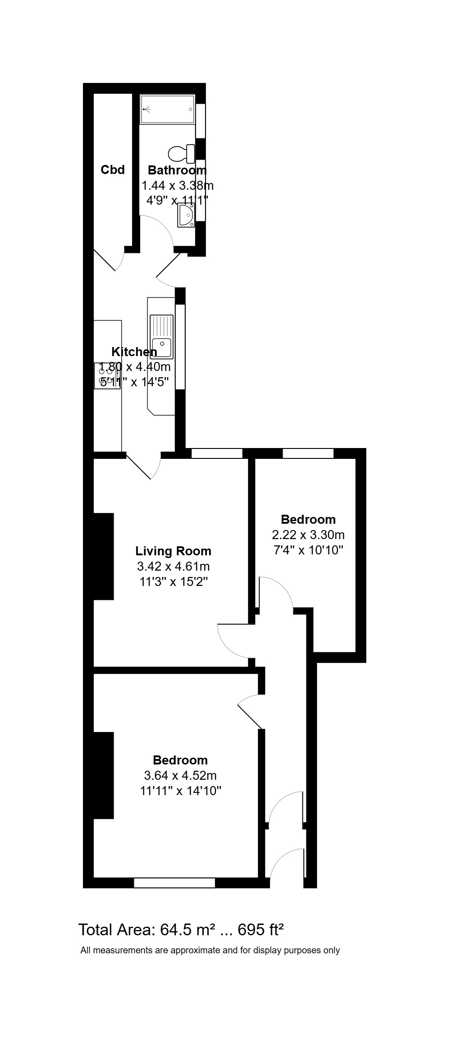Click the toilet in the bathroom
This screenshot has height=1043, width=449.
[181, 154]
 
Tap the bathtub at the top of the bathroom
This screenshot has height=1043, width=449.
[167, 109]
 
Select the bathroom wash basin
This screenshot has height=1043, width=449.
[186, 215]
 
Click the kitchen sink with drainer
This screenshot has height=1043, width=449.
[161, 336]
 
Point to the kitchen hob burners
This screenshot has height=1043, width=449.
[106, 376]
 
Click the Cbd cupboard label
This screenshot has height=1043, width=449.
[112, 170]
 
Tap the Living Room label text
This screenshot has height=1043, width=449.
[173, 551]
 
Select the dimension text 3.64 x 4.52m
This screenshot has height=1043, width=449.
[180, 775]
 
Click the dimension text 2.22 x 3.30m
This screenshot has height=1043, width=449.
[308, 535]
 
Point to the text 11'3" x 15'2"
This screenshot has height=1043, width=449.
[173, 581]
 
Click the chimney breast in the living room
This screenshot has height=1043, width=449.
[103, 556]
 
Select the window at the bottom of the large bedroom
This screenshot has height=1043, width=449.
[174, 883]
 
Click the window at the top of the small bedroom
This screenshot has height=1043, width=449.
[308, 453]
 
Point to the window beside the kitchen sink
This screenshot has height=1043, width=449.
[180, 347]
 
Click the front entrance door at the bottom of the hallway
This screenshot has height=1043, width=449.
[287, 862]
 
